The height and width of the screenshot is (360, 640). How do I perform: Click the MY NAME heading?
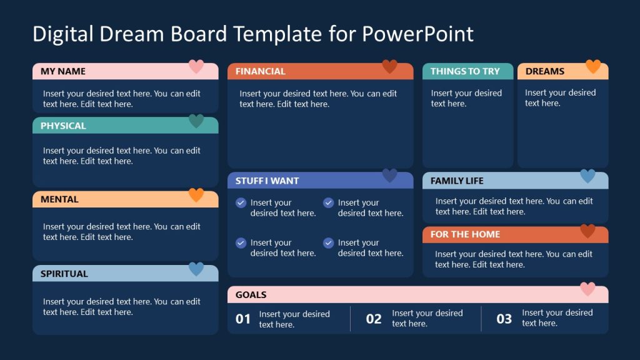[x=63, y=71]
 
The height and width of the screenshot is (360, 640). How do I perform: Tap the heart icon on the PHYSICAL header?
[x=196, y=121]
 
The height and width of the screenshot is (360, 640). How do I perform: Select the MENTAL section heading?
[x=59, y=199]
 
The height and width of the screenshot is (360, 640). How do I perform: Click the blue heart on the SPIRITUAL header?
[x=196, y=269]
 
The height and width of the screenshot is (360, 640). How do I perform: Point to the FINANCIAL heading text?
[x=260, y=71]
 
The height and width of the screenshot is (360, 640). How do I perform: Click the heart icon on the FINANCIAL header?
[x=389, y=67]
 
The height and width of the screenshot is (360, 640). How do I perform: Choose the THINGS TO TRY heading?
[x=465, y=71]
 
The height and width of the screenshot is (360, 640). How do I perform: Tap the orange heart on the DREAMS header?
[x=592, y=67]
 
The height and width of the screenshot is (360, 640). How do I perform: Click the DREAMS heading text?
[x=544, y=71]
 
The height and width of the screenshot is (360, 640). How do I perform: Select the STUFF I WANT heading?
[x=267, y=181]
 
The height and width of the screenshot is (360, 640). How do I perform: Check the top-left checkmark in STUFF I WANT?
[x=241, y=203]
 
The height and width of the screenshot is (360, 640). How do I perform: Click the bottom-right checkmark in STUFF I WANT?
[x=328, y=243]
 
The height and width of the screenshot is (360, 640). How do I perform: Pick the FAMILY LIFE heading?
[x=457, y=181]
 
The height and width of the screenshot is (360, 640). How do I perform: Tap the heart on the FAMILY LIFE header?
[x=587, y=176]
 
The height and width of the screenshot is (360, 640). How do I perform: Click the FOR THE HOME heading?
[x=465, y=234]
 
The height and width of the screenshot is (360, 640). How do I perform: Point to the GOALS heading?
[x=251, y=294]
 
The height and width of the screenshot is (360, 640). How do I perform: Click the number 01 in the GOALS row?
[x=243, y=319]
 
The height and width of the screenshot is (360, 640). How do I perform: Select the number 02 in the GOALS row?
[x=374, y=319]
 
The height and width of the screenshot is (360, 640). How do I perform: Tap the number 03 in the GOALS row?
[x=504, y=319]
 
